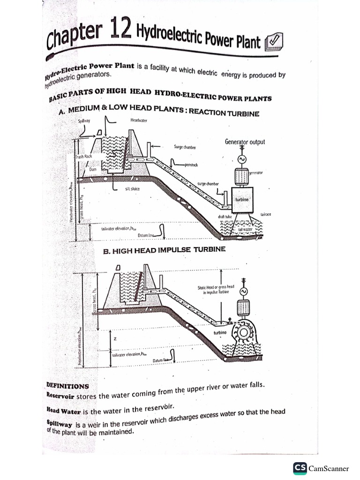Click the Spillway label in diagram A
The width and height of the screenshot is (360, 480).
[x=84, y=121]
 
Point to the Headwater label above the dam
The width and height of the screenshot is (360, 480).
[x=139, y=120]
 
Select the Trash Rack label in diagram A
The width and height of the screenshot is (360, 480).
[x=84, y=157]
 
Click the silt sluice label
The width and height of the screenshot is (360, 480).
[x=132, y=189]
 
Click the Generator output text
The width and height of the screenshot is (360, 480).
[x=245, y=142]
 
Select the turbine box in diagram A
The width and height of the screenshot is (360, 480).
[x=241, y=199]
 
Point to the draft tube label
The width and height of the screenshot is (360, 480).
[x=225, y=217]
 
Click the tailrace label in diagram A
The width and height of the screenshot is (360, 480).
[x=266, y=214]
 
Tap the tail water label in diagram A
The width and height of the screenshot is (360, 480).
[x=245, y=230]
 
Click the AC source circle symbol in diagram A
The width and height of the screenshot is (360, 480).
[x=243, y=159]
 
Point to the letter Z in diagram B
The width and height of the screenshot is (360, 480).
[x=115, y=338]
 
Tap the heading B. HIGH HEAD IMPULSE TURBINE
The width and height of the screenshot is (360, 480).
[x=164, y=250]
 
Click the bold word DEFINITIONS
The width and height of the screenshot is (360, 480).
[x=67, y=386]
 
